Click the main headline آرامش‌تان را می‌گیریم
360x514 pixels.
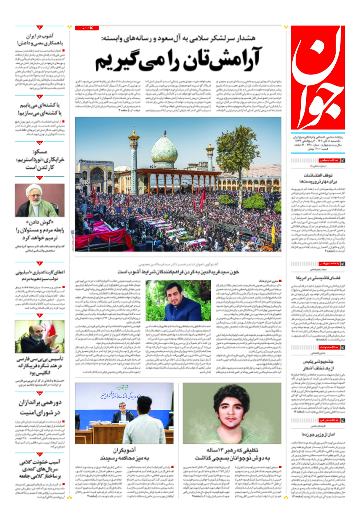(178, 60)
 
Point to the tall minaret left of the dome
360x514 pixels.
(133, 149)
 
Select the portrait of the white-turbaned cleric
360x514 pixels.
(40, 200)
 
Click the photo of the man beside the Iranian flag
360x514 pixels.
(40, 337)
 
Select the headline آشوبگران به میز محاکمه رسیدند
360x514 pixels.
(124, 454)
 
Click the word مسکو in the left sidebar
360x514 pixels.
(40, 152)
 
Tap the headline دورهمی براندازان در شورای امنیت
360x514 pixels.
(40, 407)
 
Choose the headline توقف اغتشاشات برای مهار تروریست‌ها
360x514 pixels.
(318, 178)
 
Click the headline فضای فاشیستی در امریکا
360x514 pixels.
(318, 278)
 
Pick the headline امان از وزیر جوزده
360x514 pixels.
(318, 434)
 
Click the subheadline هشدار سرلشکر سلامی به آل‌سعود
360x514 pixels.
(178, 38)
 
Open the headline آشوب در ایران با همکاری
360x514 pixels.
(40, 39)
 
